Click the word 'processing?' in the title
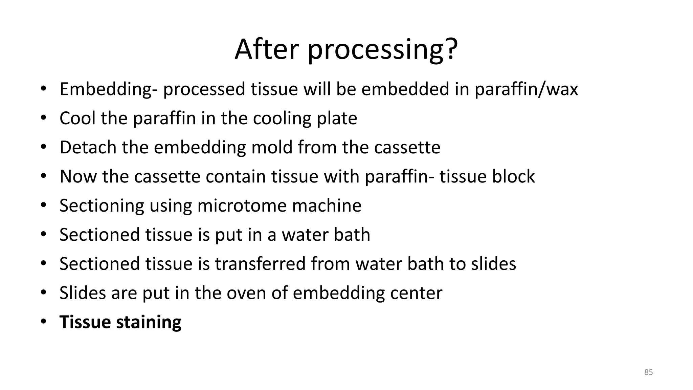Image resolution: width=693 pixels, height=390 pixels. click(x=382, y=50)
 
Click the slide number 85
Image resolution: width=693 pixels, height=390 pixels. click(x=648, y=372)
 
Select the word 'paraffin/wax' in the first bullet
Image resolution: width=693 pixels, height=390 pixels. click(x=526, y=89)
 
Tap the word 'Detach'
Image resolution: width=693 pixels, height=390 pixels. click(x=88, y=147)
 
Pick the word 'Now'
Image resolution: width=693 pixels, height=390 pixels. click(x=78, y=176)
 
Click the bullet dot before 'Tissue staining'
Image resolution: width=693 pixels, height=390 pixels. click(x=43, y=322)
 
